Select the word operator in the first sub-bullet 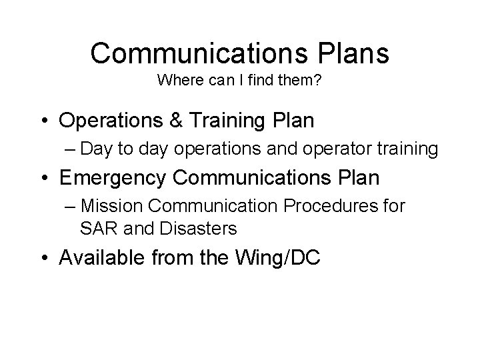354,150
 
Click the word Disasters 198,229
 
